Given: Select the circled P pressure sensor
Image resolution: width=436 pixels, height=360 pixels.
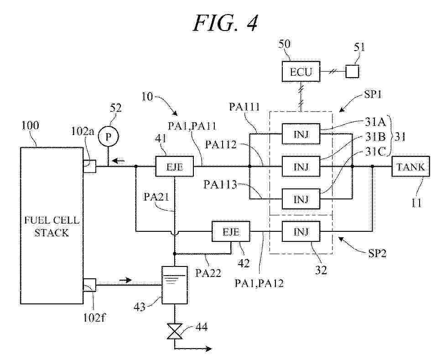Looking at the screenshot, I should tap(109, 137).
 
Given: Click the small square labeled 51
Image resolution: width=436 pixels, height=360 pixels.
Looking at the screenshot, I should tap(352, 72).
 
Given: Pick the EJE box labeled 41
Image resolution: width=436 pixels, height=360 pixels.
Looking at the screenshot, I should tap(175, 167).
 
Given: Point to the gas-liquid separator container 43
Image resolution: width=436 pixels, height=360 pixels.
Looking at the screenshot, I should tap(175, 285).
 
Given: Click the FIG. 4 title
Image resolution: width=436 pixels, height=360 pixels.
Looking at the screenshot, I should tap(225, 23).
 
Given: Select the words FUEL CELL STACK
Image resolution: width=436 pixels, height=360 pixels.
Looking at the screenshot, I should tap(51, 227).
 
